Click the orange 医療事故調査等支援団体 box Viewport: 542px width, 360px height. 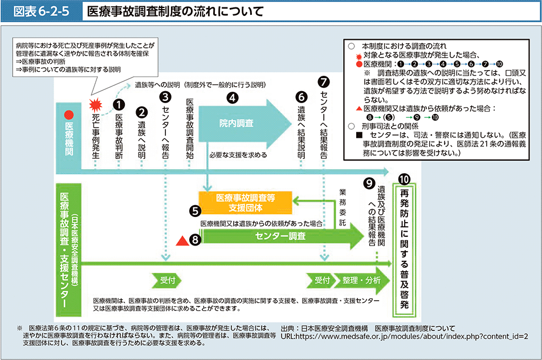pos(246,201)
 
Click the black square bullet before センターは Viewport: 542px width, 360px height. pos(359,136)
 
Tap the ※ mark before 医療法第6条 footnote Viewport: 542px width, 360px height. pos(19,329)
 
